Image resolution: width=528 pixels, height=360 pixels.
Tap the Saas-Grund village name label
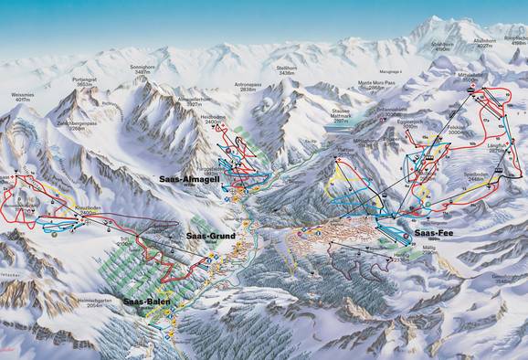[x=211, y=236]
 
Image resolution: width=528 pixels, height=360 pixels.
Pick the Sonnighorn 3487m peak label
[x=144, y=70]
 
